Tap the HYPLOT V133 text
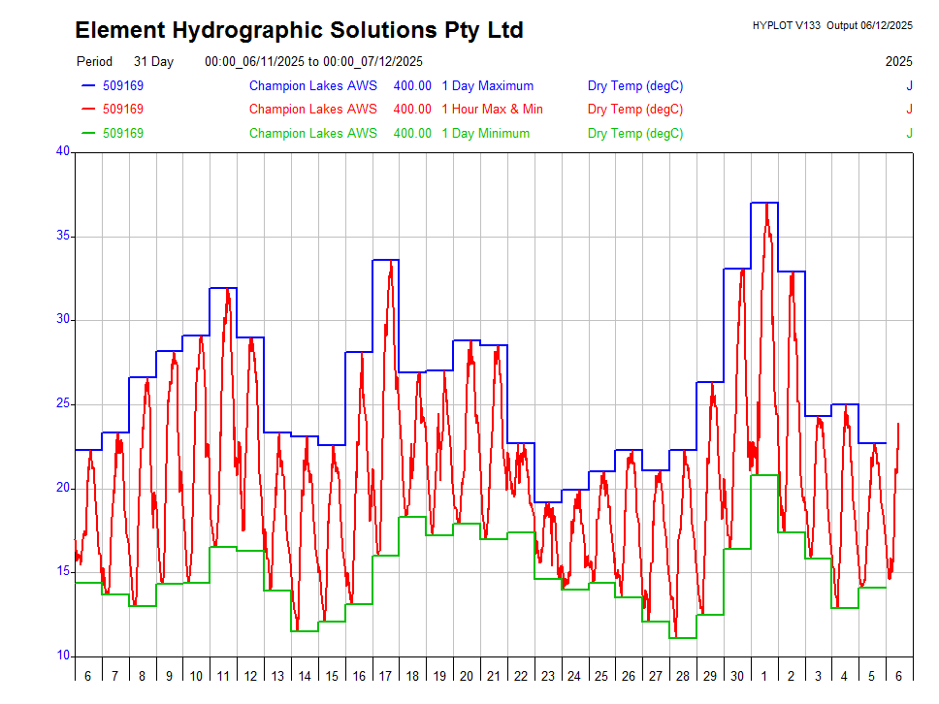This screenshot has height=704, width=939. [787, 25]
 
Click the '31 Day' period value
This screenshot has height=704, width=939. [153, 61]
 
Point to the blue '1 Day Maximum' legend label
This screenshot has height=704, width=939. [487, 85]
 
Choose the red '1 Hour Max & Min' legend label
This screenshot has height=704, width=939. [492, 109]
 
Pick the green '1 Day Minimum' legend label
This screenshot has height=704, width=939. [485, 133]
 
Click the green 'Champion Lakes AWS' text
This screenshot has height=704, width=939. [312, 133]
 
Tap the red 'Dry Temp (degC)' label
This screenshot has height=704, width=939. [635, 109]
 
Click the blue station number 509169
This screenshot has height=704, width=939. [123, 85]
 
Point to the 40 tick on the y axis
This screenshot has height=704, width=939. [63, 151]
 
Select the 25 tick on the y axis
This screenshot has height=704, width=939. [63, 403]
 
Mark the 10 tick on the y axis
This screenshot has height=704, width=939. [63, 656]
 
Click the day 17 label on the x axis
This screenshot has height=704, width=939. [385, 676]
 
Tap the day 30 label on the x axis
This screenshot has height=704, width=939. [737, 676]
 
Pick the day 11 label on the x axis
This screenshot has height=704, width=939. [223, 676]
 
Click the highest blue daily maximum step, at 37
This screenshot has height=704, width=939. [764, 203]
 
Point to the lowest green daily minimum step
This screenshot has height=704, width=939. [683, 638]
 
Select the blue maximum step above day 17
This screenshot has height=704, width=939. [385, 260]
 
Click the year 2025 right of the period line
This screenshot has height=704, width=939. [898, 61]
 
